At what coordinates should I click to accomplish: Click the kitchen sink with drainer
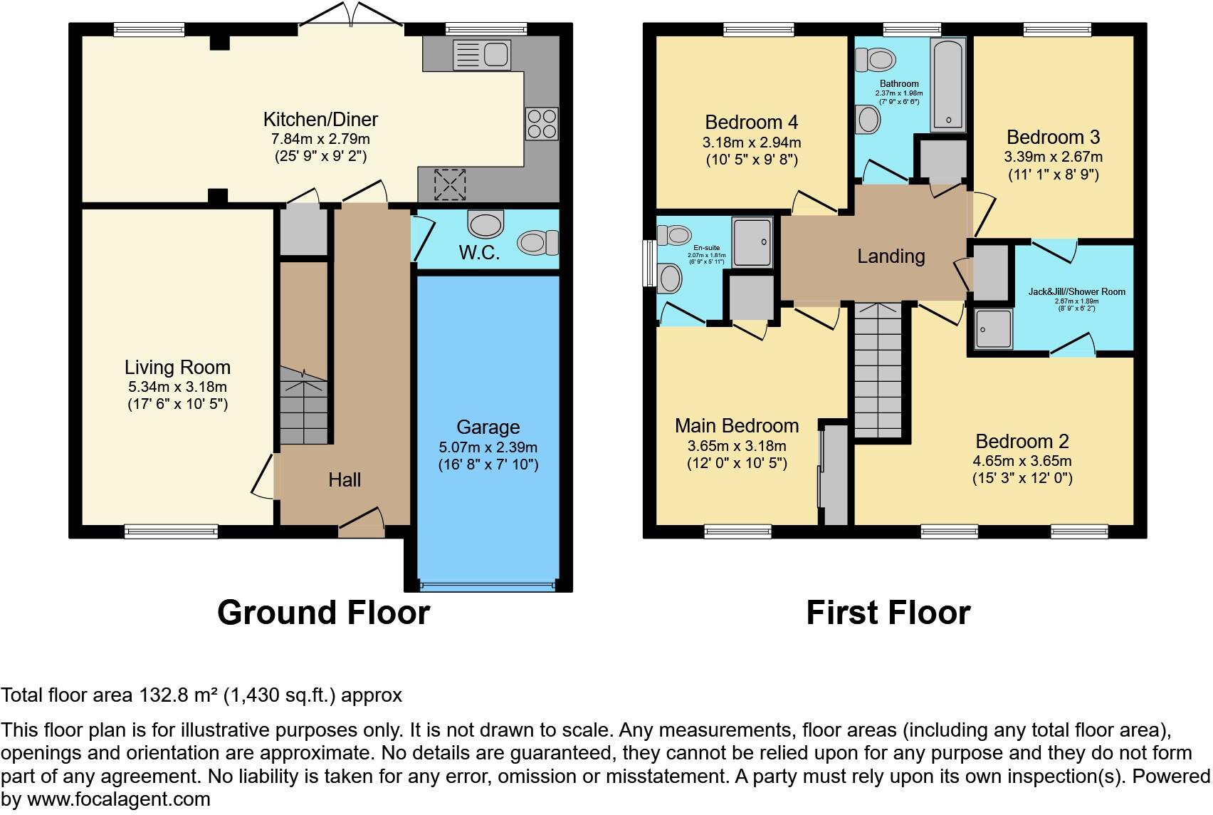click(x=482, y=55)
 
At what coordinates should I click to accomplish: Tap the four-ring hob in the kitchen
click(x=542, y=123)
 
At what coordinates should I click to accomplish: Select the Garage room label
click(x=488, y=427)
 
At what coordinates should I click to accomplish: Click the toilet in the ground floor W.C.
click(x=538, y=242)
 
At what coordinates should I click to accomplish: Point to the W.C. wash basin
click(x=485, y=224)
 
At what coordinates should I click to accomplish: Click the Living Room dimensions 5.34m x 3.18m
click(x=177, y=387)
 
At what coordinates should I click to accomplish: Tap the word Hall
click(x=345, y=480)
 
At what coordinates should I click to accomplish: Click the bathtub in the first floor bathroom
click(x=948, y=85)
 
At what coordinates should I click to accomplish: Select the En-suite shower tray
click(x=752, y=242)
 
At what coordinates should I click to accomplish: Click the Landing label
click(x=891, y=256)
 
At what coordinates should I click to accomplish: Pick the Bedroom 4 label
click(x=751, y=122)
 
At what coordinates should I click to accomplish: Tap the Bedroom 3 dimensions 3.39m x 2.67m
click(x=1053, y=157)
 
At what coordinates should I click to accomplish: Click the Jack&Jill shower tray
click(x=993, y=329)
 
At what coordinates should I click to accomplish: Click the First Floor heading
click(x=888, y=613)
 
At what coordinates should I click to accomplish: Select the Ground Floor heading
click(x=323, y=613)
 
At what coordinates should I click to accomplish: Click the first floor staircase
click(x=878, y=370)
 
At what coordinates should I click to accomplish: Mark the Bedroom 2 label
click(x=1022, y=442)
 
